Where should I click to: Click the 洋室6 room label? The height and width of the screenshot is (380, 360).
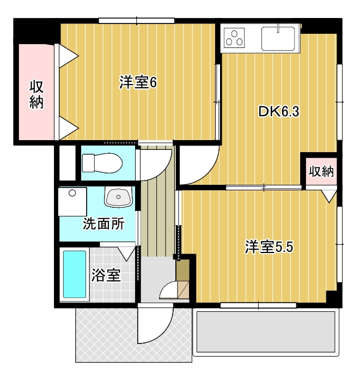click(138, 82)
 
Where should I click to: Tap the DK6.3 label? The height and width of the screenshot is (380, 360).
click(279, 112)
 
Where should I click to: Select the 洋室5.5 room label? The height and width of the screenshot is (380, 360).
click(269, 247)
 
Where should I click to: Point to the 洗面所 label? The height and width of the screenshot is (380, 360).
click(103, 224)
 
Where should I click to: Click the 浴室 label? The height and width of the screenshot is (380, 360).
click(106, 275)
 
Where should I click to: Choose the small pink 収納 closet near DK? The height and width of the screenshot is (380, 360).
click(321, 172)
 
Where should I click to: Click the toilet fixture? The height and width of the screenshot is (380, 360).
click(102, 163)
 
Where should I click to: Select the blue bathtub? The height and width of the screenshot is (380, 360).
click(75, 274)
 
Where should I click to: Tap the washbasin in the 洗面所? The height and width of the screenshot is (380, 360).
click(118, 197)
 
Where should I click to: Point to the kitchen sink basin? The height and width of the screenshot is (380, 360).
click(278, 39)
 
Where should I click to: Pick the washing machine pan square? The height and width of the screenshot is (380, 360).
click(72, 202)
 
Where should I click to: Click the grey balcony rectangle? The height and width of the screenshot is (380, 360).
click(266, 332)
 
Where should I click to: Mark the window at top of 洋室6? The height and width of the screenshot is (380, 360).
click(137, 21)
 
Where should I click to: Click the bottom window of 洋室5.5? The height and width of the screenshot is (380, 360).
click(258, 305)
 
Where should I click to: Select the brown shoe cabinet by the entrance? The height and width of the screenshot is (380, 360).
click(184, 270)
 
